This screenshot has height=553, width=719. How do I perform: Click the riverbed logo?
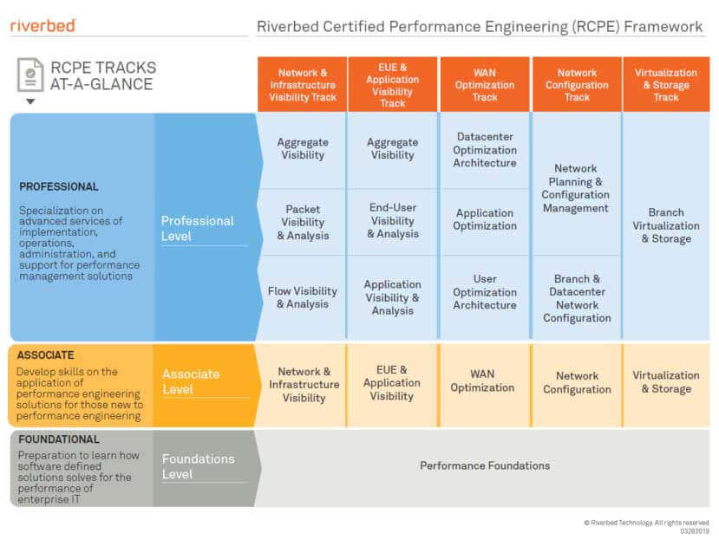pos(42,26)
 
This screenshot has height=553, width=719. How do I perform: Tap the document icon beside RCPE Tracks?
pos(30,75)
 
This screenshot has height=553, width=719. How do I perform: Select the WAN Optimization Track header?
pos(485,85)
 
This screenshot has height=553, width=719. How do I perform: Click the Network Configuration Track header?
pos(577,85)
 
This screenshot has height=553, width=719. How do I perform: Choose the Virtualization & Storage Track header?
pos(666,85)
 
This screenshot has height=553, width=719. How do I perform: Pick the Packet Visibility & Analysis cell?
pos(303,222)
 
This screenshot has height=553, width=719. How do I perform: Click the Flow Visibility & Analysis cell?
pos(303,297)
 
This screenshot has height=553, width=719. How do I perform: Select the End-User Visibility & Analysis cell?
pos(393,221)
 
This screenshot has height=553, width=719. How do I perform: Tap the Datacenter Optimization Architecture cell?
pos(485,150)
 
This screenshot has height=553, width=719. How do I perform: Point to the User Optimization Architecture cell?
pos(485,292)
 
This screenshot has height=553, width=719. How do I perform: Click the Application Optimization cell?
pos(485,219)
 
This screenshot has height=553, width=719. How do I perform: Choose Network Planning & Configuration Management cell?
pos(576,188)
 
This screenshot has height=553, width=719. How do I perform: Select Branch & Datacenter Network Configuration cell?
pos(577,298)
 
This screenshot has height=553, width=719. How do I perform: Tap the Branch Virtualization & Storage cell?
pos(666,225)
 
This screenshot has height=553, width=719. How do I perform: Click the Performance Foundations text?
pos(485,465)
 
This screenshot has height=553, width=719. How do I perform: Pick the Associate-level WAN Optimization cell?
pos(482,381)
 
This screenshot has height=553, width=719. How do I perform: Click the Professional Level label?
pos(197,228)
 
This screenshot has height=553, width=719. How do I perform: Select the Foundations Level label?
pos(198,466)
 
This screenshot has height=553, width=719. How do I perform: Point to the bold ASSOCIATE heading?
pos(45,355)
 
